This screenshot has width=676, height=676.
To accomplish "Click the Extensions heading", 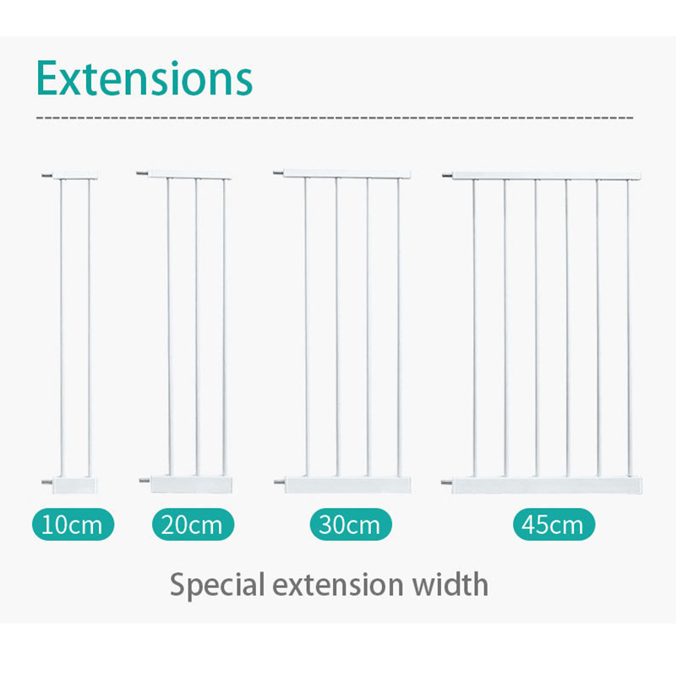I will (x=144, y=78).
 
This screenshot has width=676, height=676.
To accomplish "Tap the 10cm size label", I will (x=71, y=525).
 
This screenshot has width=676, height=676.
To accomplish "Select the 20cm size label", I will (x=193, y=525).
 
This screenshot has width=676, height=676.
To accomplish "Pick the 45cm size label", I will (x=553, y=525).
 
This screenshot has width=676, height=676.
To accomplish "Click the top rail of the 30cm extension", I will (x=346, y=173).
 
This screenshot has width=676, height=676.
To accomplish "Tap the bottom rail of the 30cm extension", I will (x=346, y=485).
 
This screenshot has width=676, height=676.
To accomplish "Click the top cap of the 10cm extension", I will (x=74, y=175).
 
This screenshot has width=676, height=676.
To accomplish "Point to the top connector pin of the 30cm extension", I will (x=277, y=172).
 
